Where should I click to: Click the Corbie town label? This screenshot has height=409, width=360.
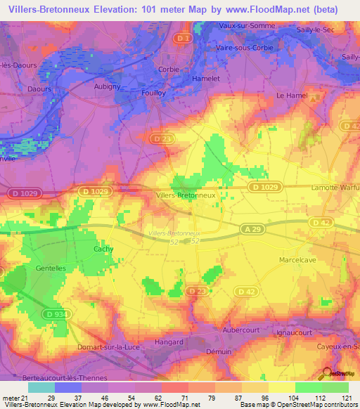coord(169,70)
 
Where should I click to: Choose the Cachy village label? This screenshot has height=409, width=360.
coord(103,249)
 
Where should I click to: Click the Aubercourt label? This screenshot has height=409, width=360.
coord(262,329)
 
